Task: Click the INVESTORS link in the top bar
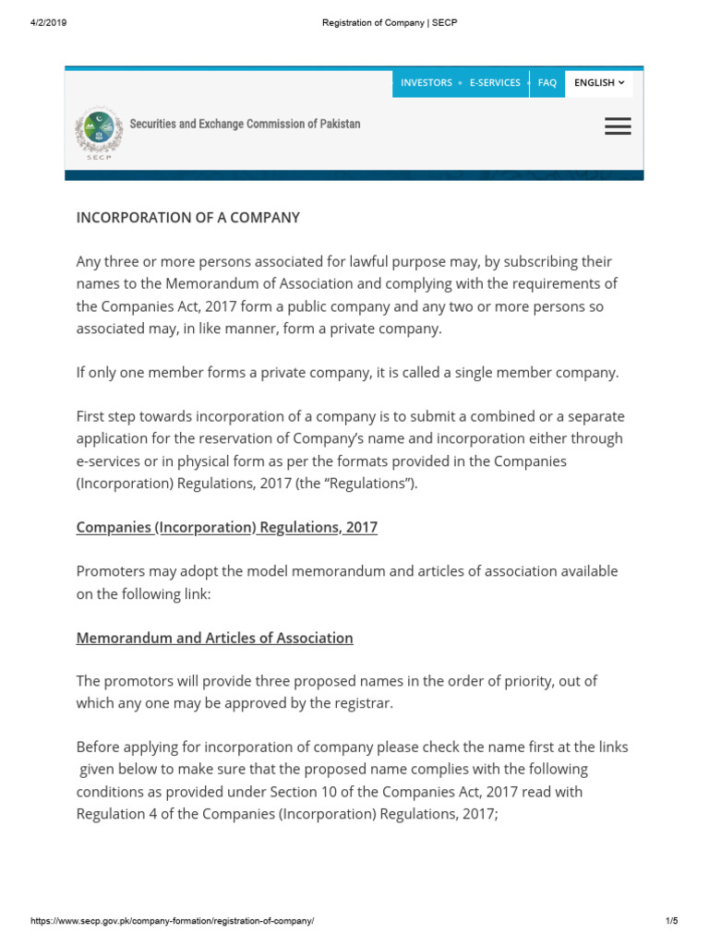426,83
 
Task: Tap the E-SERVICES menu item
495,83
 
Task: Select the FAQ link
547,83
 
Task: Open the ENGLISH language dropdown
599,83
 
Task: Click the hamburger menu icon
618,126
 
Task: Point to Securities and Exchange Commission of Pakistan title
245,124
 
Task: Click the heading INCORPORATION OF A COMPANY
187,218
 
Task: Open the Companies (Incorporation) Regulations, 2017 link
226,527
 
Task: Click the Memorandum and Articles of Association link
214,638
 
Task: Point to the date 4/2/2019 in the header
48,22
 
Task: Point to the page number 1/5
671,921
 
